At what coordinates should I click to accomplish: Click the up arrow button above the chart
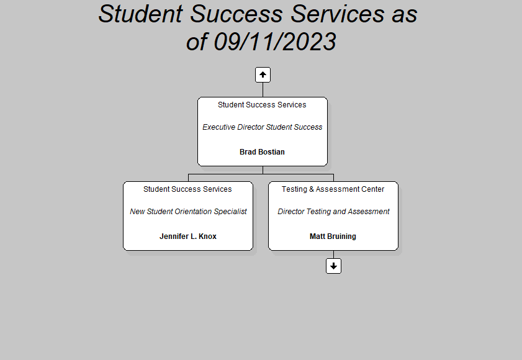click(263, 74)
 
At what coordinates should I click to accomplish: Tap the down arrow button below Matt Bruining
click(333, 266)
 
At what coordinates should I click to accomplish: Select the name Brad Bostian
click(262, 152)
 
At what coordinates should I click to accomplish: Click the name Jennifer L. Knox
click(188, 236)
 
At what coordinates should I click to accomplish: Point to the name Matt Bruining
click(333, 236)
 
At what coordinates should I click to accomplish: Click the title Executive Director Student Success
click(263, 127)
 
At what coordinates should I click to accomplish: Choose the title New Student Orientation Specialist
click(188, 212)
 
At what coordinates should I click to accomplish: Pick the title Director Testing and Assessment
click(333, 212)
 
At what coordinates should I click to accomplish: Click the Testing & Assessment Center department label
click(333, 189)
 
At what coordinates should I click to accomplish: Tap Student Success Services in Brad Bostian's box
click(262, 104)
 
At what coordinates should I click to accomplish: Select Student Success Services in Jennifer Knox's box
click(187, 189)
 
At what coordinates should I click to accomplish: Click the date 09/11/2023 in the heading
click(274, 42)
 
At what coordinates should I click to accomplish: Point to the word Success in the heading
click(236, 14)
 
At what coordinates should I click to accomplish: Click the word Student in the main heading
click(140, 14)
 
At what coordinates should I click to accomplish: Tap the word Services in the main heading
click(337, 14)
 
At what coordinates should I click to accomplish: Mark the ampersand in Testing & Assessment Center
click(312, 189)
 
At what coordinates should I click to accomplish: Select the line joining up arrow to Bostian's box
click(263, 90)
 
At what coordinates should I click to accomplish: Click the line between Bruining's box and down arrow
click(333, 254)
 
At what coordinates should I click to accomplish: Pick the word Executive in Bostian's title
click(218, 127)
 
